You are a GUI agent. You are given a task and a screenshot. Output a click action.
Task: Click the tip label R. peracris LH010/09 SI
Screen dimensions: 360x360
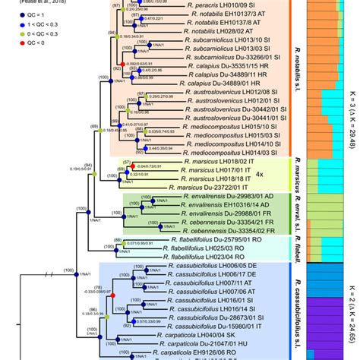[x=207, y=5]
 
